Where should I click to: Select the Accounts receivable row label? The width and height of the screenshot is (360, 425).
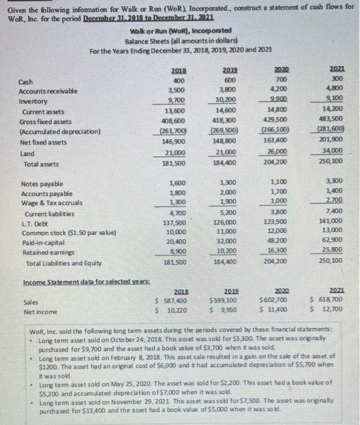(46, 92)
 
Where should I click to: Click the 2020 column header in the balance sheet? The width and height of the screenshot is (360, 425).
(280, 70)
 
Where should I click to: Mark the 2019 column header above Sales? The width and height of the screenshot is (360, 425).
(227, 291)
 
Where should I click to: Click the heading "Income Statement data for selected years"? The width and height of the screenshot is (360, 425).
(79, 283)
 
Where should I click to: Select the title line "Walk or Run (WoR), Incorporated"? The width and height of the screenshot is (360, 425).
(179, 32)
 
